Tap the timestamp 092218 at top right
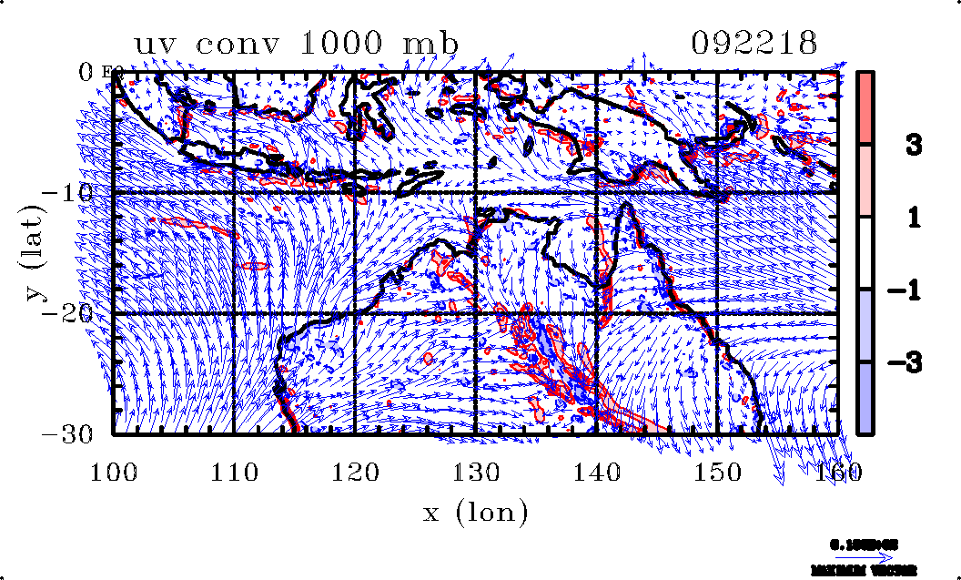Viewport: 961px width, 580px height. tap(754, 44)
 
